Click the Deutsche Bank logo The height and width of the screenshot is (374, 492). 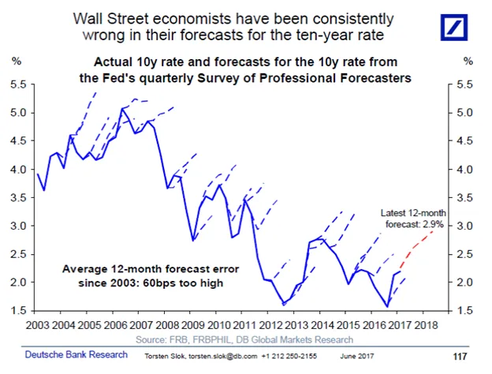[453, 28]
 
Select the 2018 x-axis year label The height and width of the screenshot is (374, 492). [426, 325]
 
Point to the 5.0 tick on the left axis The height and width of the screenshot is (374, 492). [18, 113]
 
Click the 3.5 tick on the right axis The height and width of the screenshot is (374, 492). [464, 198]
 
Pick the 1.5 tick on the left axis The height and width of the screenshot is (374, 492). [18, 311]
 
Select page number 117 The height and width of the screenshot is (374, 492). [460, 357]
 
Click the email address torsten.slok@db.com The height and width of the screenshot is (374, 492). [223, 357]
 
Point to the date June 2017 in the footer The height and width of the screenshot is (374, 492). [357, 357]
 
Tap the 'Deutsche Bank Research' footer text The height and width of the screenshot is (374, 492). [76, 354]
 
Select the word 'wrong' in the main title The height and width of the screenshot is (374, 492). [103, 35]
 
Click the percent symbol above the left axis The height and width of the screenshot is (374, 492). [17, 61]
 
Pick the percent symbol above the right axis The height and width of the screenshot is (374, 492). [468, 61]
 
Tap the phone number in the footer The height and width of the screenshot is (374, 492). [289, 357]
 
